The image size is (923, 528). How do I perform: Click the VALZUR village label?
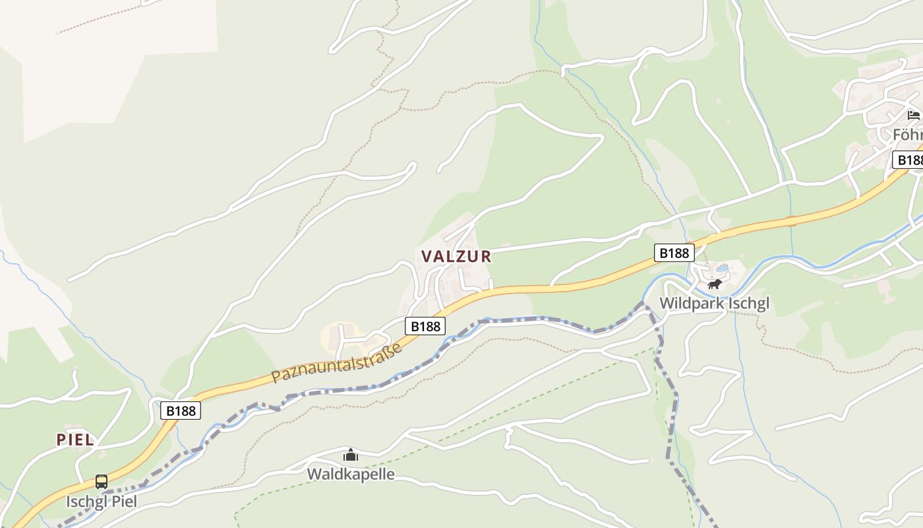(x=456, y=256)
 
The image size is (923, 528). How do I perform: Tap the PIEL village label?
(x=75, y=440)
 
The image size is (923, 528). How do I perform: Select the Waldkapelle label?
(x=351, y=474)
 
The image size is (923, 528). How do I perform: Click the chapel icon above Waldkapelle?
(x=351, y=455)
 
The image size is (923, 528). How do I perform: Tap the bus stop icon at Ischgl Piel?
(x=102, y=482)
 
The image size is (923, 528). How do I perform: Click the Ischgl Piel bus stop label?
(x=102, y=502)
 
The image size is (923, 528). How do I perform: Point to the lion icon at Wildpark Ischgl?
(x=714, y=284)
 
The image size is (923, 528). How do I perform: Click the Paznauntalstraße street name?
(x=337, y=364)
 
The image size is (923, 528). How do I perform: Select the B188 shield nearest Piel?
(x=181, y=411)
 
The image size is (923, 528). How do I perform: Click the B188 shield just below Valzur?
(x=426, y=325)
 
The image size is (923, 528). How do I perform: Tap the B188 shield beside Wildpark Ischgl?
(x=674, y=253)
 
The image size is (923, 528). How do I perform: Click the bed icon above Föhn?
(x=913, y=115)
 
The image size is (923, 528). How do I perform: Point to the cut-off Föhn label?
(x=908, y=135)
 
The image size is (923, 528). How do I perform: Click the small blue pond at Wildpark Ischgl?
(x=723, y=269)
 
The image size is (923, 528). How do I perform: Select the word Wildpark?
(x=691, y=304)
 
